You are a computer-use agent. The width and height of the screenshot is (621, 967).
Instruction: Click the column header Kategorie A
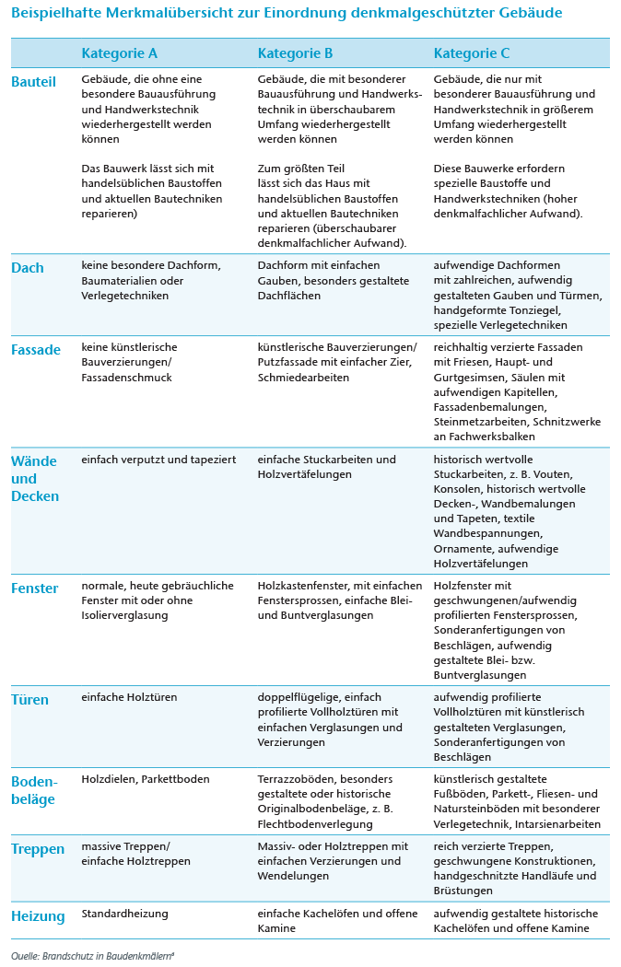point(119,53)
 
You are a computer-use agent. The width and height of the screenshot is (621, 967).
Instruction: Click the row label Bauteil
point(33,82)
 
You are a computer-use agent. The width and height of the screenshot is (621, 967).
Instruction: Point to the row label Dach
point(28,268)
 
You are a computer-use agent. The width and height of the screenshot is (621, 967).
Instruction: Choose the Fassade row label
point(36,350)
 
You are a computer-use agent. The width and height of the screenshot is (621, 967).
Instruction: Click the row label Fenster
point(35,588)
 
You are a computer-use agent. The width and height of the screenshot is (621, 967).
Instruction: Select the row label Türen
point(29,700)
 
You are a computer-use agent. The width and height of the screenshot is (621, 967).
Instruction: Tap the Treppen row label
point(38,849)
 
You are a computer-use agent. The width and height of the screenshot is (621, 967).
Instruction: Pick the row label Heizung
point(38,916)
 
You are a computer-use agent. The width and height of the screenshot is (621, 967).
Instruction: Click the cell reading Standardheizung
point(125,915)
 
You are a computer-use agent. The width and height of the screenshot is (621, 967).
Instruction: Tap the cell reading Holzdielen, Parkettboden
point(146,779)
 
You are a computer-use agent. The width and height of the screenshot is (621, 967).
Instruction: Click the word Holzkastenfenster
point(302,586)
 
